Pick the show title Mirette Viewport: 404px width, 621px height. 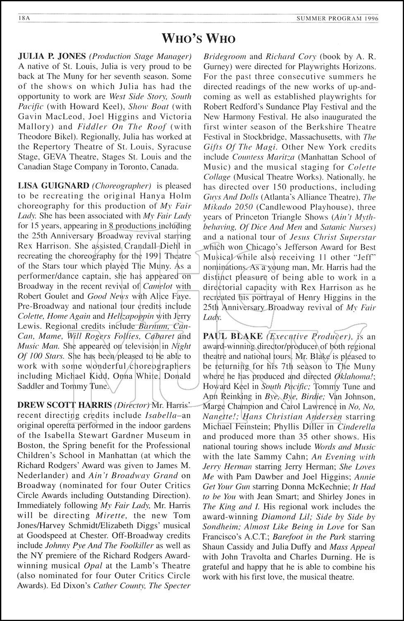coord(113,515)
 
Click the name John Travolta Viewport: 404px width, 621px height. coord(251,557)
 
